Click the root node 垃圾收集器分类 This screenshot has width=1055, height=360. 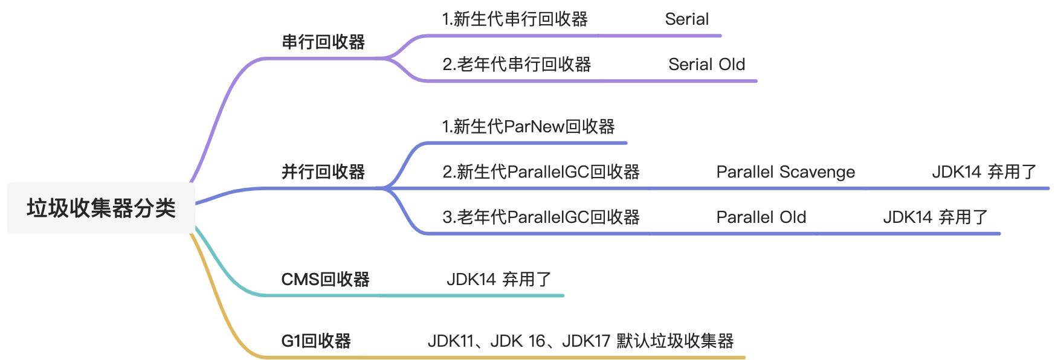coord(101,208)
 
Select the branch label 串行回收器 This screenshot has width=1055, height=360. coord(323,42)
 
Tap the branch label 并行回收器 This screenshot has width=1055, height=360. coord(323,172)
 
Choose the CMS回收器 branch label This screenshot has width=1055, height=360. coord(325,279)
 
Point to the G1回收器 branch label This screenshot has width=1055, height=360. coord(316,341)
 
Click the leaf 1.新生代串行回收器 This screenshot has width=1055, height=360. coord(515,19)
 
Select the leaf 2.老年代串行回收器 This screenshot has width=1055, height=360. coord(517,64)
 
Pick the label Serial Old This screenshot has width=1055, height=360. coord(706,64)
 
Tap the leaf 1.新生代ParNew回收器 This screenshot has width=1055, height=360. coord(528,126)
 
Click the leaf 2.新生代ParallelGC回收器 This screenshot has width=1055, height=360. coord(541,172)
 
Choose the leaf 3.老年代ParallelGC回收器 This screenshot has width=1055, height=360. coord(541,217)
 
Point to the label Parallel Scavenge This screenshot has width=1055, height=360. coord(786,172)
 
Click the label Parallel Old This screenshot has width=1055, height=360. coord(761,217)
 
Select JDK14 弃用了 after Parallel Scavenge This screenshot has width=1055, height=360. coord(984,172)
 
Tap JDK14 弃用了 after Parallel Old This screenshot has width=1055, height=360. coord(935,217)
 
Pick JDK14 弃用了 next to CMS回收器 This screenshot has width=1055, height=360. coord(498,279)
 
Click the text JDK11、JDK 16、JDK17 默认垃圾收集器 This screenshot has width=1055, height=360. coord(581,341)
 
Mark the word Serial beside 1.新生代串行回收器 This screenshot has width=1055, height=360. coord(686,19)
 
